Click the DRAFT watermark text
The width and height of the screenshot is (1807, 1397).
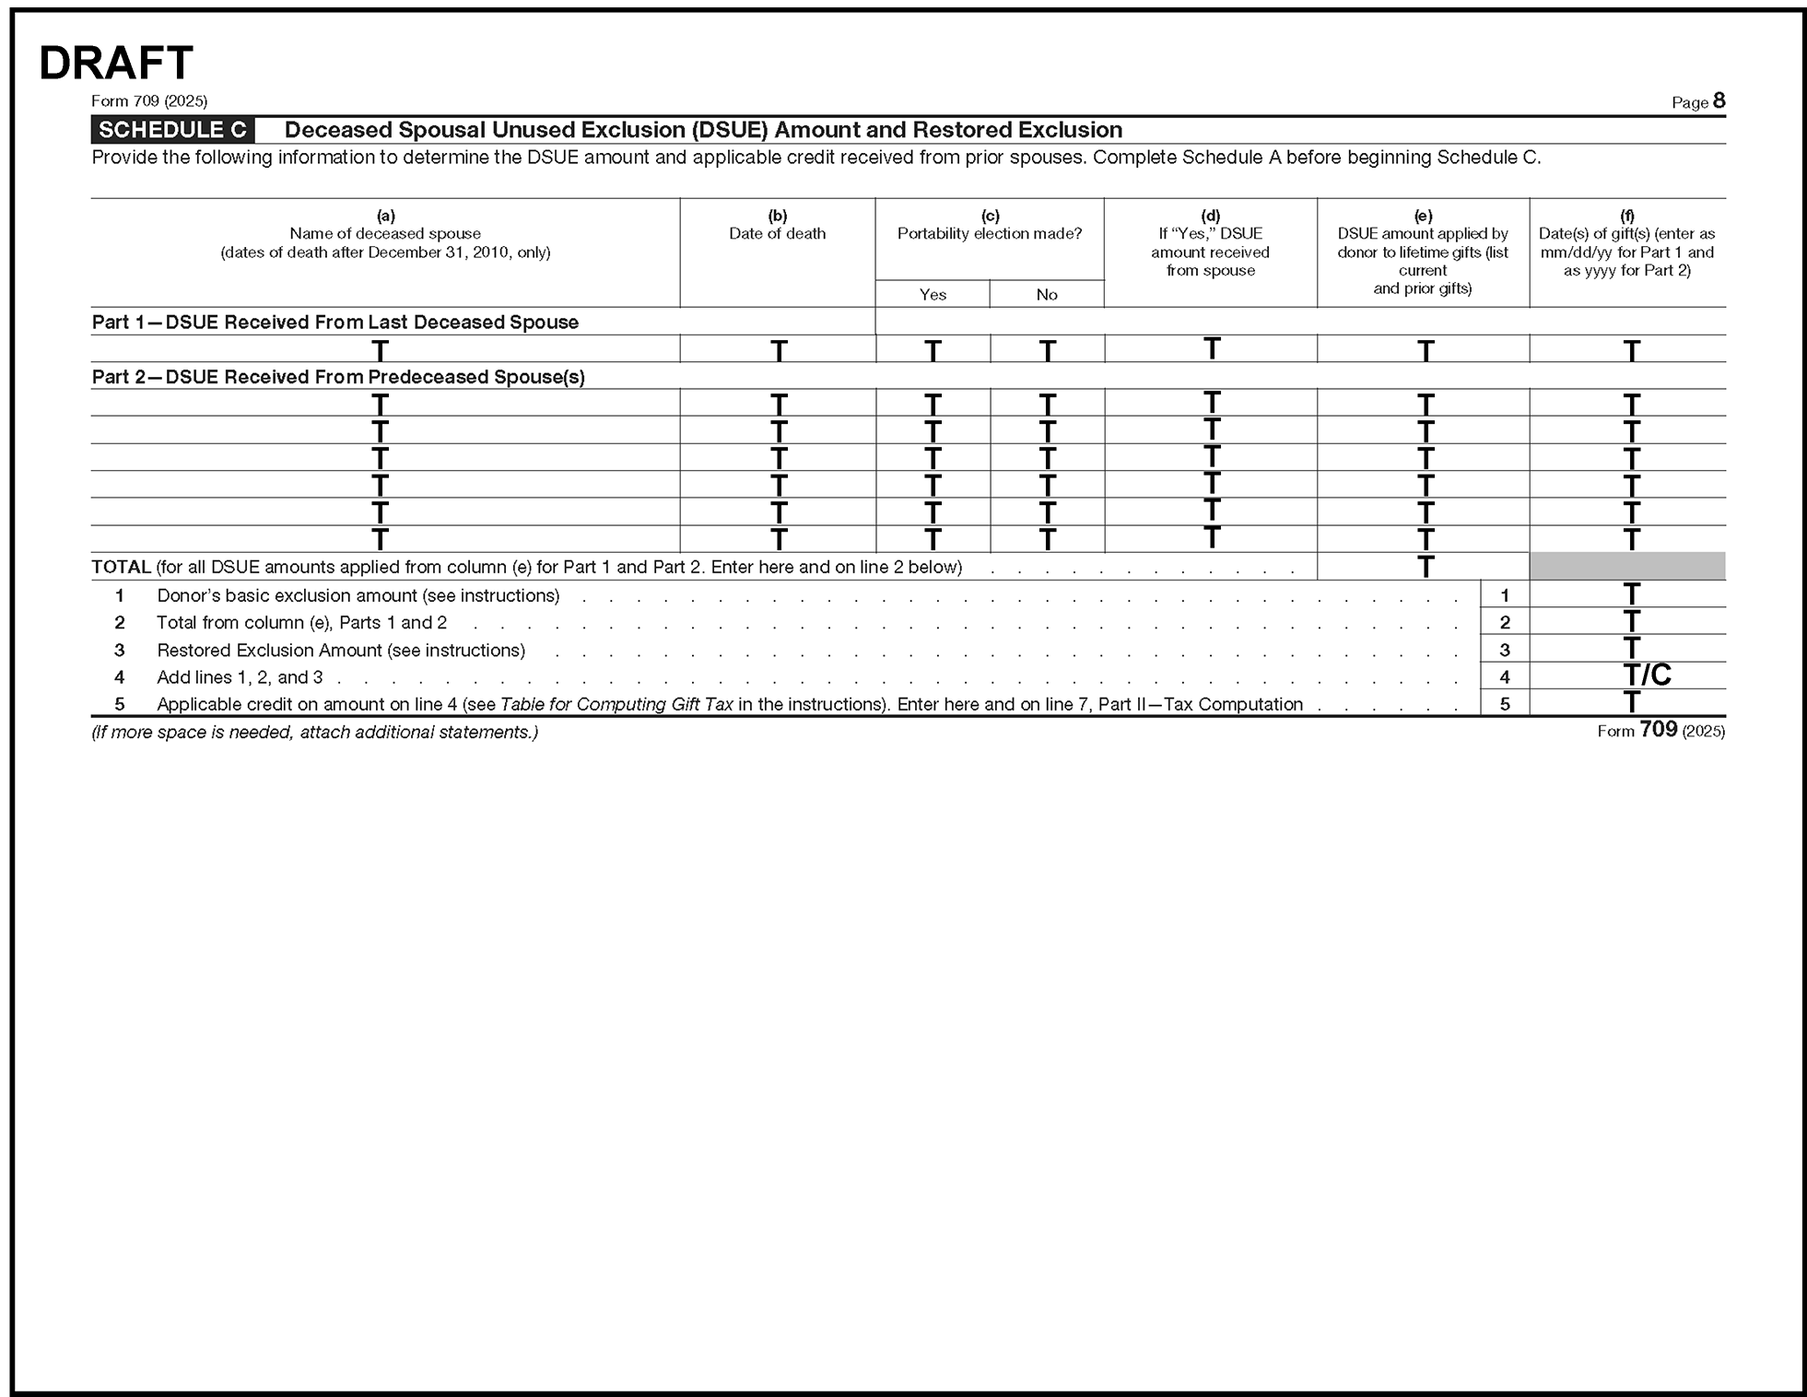point(116,64)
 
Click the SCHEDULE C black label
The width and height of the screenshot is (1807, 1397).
point(172,130)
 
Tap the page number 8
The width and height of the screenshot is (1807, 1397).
point(1719,100)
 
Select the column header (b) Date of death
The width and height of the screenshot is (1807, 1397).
point(777,226)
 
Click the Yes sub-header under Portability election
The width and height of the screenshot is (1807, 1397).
point(933,295)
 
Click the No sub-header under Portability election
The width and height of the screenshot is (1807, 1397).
point(1047,295)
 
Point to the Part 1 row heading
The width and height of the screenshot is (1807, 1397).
point(335,323)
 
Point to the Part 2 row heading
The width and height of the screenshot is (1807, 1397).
point(338,377)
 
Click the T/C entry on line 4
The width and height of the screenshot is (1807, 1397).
point(1647,675)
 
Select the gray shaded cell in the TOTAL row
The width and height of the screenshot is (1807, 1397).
point(1627,566)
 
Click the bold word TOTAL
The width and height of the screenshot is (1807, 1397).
point(121,567)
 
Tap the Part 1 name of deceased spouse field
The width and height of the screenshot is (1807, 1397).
point(385,349)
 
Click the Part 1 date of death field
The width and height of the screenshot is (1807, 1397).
point(778,349)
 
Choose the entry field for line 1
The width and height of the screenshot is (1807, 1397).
point(1627,594)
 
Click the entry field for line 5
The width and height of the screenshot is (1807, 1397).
point(1627,703)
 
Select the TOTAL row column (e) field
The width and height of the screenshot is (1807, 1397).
point(1424,566)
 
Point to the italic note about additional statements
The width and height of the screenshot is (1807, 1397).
point(314,733)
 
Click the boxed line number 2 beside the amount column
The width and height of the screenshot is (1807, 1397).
point(1505,622)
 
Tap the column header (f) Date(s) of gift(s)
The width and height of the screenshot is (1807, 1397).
point(1627,243)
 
